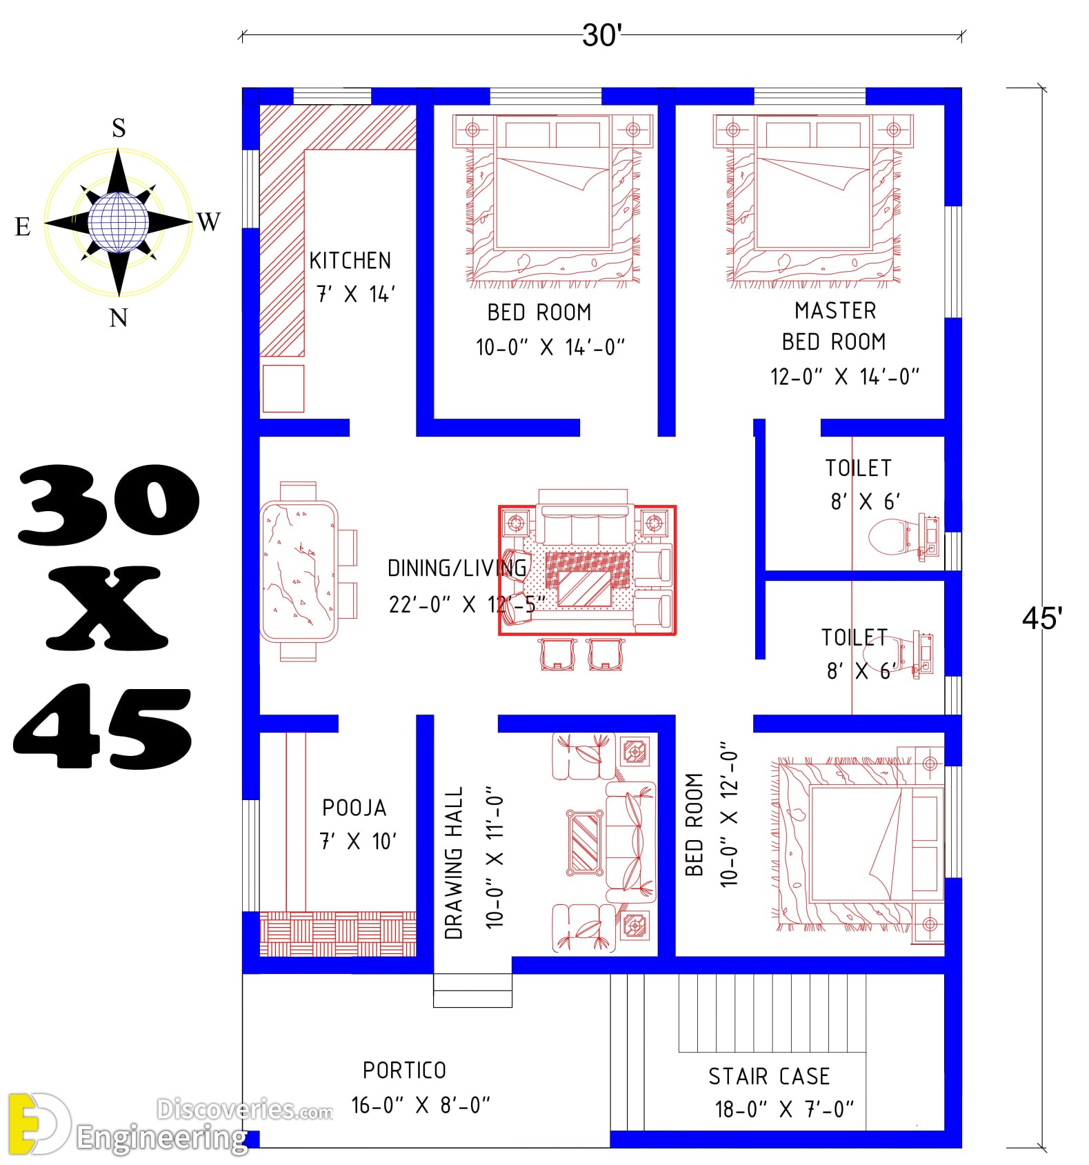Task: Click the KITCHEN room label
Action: pyautogui.click(x=350, y=261)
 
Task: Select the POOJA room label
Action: pyautogui.click(x=354, y=808)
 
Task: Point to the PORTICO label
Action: pyautogui.click(x=405, y=1071)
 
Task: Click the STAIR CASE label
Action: pyautogui.click(x=769, y=1077)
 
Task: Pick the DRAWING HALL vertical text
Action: pyautogui.click(x=454, y=863)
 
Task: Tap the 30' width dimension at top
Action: pyautogui.click(x=602, y=35)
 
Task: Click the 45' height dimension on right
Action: pyautogui.click(x=1042, y=619)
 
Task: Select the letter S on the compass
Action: pyautogui.click(x=119, y=128)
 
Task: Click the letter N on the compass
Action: pyautogui.click(x=119, y=318)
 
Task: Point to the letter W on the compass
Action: pyautogui.click(x=209, y=222)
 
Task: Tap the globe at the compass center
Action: pyautogui.click(x=118, y=222)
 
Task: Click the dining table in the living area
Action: pyautogui.click(x=299, y=572)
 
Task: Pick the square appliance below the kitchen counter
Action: pyautogui.click(x=283, y=388)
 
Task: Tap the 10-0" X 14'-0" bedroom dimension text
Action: pyautogui.click(x=550, y=347)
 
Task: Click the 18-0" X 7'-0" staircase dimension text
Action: pyautogui.click(x=785, y=1110)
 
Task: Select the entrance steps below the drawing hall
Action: pyautogui.click(x=472, y=990)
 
